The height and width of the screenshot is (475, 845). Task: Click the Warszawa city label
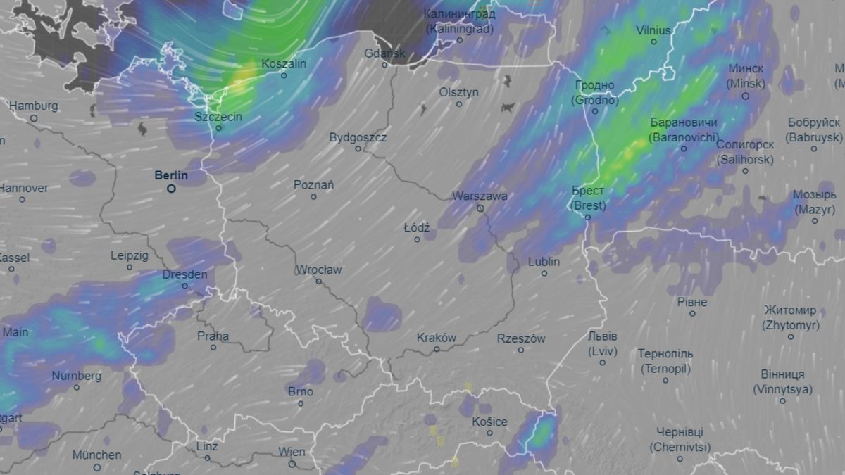[x=480, y=196]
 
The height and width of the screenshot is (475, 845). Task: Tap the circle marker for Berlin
[x=171, y=189]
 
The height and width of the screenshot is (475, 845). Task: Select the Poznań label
[x=313, y=185]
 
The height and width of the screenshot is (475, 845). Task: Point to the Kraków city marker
[x=437, y=349]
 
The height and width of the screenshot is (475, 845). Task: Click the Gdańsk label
[x=384, y=53]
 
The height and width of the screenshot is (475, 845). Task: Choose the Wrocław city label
[x=318, y=270]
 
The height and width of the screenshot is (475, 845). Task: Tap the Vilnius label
[x=653, y=30]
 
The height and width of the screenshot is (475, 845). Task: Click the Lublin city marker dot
[x=544, y=273]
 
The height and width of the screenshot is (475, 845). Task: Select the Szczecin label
[x=219, y=116]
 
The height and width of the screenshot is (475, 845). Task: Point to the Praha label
[x=213, y=336]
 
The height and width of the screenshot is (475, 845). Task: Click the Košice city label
[x=489, y=422]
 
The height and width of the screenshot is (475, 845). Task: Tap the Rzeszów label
[x=521, y=338]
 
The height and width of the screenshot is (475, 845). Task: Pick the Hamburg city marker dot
[x=33, y=118]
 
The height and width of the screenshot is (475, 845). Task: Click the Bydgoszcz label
[x=358, y=137]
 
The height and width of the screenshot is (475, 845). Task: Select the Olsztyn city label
[x=458, y=92]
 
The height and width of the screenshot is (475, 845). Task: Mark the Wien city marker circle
[x=292, y=463]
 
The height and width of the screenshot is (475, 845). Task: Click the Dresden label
[x=184, y=274]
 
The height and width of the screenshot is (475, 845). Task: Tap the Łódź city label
[x=417, y=228]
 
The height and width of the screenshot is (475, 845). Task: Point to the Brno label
[x=301, y=392]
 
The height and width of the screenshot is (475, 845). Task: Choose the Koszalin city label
[x=284, y=64]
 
